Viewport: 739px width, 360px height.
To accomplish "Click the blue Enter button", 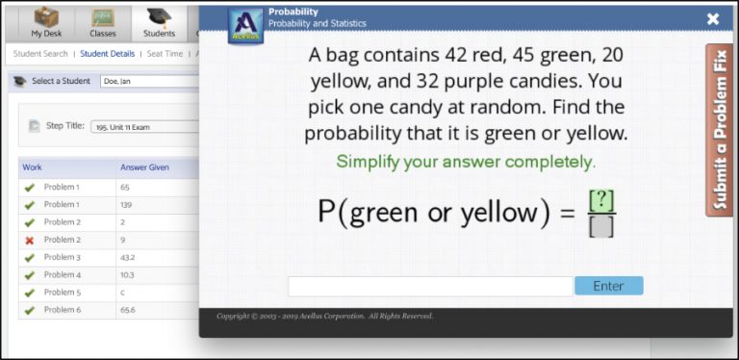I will pyautogui.click(x=608, y=286).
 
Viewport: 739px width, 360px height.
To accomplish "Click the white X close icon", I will pyautogui.click(x=713, y=18).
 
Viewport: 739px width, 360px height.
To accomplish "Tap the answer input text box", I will pyautogui.click(x=430, y=286).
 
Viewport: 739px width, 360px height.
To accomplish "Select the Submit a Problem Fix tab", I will pyautogui.click(x=719, y=129).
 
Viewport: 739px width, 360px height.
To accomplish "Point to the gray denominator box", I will pyautogui.click(x=601, y=226).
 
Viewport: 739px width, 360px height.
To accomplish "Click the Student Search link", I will pyautogui.click(x=40, y=54).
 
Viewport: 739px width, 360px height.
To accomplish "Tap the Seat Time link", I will pyautogui.click(x=165, y=54).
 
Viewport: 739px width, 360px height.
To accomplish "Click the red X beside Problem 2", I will pyautogui.click(x=29, y=240).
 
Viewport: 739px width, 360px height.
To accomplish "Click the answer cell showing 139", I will pyautogui.click(x=126, y=205).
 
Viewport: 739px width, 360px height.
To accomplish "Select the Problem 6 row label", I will pyautogui.click(x=62, y=310).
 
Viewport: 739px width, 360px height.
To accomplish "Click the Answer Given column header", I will pyautogui.click(x=144, y=167).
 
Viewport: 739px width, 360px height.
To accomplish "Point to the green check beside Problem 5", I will pyautogui.click(x=29, y=293).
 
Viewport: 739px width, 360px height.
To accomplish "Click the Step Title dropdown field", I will pyautogui.click(x=144, y=126).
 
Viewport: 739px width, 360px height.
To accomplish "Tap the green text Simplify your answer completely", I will pyautogui.click(x=466, y=162).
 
